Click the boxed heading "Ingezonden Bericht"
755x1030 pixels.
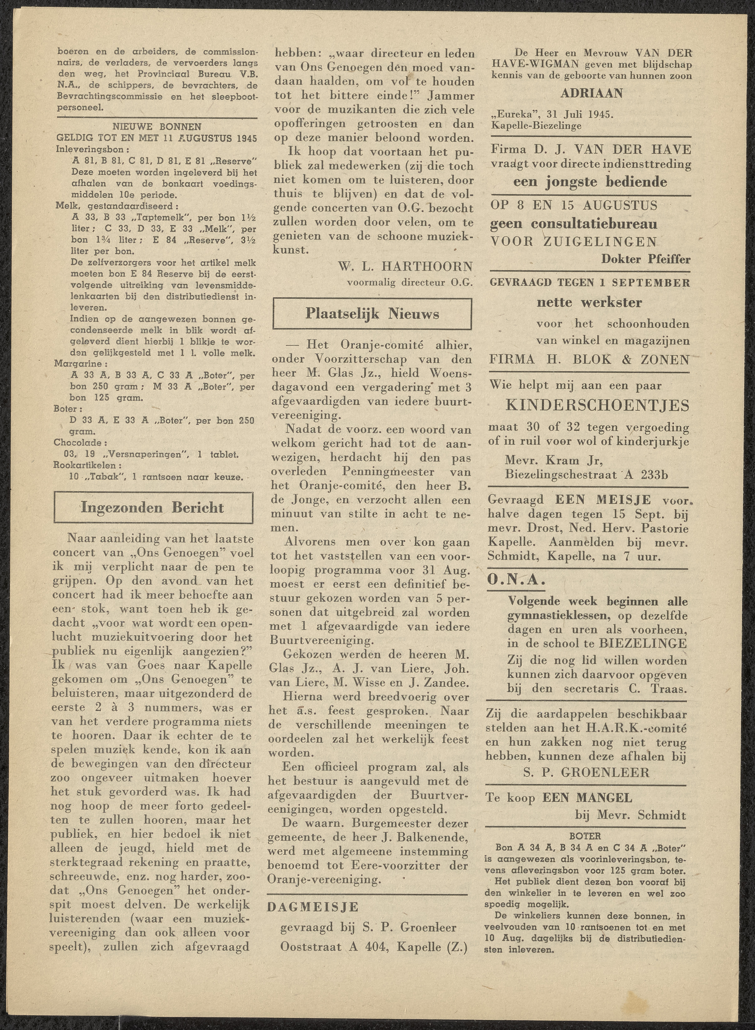pos(153,508)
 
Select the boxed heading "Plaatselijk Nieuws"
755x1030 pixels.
pos(372,314)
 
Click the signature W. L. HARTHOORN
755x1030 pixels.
pos(405,266)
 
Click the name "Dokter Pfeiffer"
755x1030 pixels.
pos(645,259)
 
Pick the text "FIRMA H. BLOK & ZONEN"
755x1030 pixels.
pos(589,360)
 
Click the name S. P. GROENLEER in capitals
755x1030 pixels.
pos(586,773)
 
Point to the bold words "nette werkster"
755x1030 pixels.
pos(589,302)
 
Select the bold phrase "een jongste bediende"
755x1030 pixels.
pos(590,182)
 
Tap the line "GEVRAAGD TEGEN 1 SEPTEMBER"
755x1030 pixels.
pos(589,283)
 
